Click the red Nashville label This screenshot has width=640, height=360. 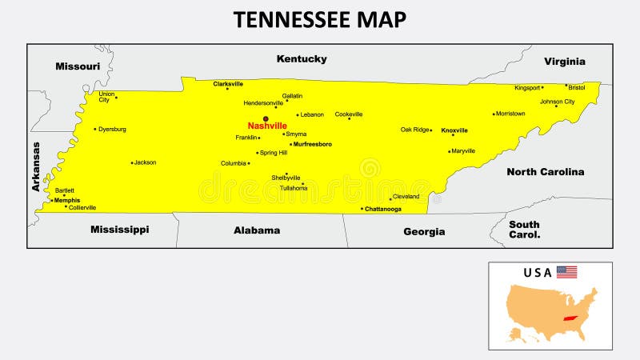[267, 126]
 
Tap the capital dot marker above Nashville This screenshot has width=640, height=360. [266, 118]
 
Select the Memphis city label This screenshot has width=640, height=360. [67, 200]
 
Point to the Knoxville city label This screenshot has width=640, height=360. [454, 130]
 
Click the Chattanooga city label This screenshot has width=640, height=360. [383, 209]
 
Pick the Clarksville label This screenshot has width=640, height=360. [228, 83]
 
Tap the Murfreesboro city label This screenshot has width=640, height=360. [313, 144]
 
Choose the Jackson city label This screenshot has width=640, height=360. [145, 162]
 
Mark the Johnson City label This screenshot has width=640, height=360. [557, 102]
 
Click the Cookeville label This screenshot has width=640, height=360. [349, 114]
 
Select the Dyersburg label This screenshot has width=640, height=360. [112, 129]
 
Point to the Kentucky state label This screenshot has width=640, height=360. [302, 58]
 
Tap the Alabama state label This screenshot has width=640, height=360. [257, 230]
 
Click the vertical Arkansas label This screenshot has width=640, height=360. [36, 166]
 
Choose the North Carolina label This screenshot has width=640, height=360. [545, 171]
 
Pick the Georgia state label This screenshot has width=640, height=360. [424, 231]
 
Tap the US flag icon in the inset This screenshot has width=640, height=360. [566, 272]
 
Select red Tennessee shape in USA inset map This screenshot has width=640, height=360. [570, 318]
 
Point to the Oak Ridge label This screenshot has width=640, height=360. [415, 130]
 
